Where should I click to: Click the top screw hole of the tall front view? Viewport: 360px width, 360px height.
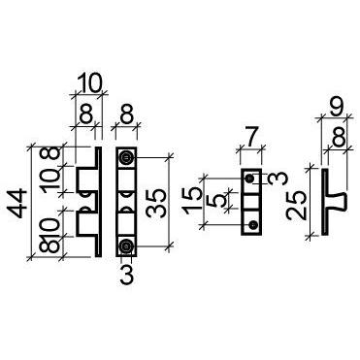pyautogui.click(x=125, y=156)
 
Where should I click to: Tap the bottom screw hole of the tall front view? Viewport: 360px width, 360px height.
pyautogui.click(x=125, y=246)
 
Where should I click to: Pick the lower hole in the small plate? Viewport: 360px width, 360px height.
pyautogui.click(x=252, y=224)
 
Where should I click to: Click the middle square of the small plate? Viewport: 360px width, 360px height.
pyautogui.click(x=252, y=202)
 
